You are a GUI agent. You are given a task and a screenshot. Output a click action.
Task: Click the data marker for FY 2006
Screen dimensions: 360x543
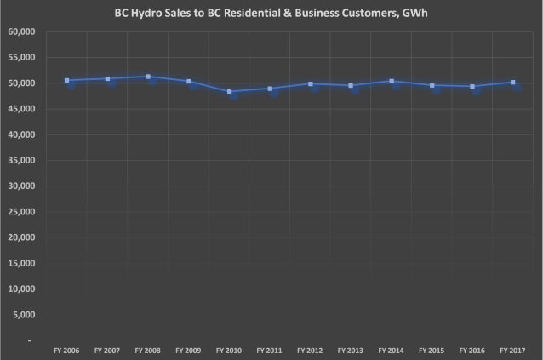66,81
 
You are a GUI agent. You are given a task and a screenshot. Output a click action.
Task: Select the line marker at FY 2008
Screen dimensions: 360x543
149,77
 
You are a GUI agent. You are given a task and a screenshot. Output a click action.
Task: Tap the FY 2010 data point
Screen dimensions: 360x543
231,91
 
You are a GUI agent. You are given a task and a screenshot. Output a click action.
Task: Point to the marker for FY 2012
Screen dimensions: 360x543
311,84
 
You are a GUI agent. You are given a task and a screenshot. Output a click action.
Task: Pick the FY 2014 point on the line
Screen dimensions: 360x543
392,82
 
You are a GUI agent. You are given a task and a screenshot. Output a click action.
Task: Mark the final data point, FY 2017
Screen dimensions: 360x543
513,83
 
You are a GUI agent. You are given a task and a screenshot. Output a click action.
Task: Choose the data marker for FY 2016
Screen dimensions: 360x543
473,86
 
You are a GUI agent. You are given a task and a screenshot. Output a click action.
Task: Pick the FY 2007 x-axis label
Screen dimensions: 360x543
108,350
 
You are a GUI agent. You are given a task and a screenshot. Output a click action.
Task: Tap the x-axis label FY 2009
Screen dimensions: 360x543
189,350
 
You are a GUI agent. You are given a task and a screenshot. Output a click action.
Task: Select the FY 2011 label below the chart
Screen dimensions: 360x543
271,350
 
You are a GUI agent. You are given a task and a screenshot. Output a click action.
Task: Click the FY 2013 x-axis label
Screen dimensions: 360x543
352,350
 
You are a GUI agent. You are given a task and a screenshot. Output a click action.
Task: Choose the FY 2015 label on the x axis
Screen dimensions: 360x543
432,350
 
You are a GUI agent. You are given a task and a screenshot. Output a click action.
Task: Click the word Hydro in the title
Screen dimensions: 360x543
147,14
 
